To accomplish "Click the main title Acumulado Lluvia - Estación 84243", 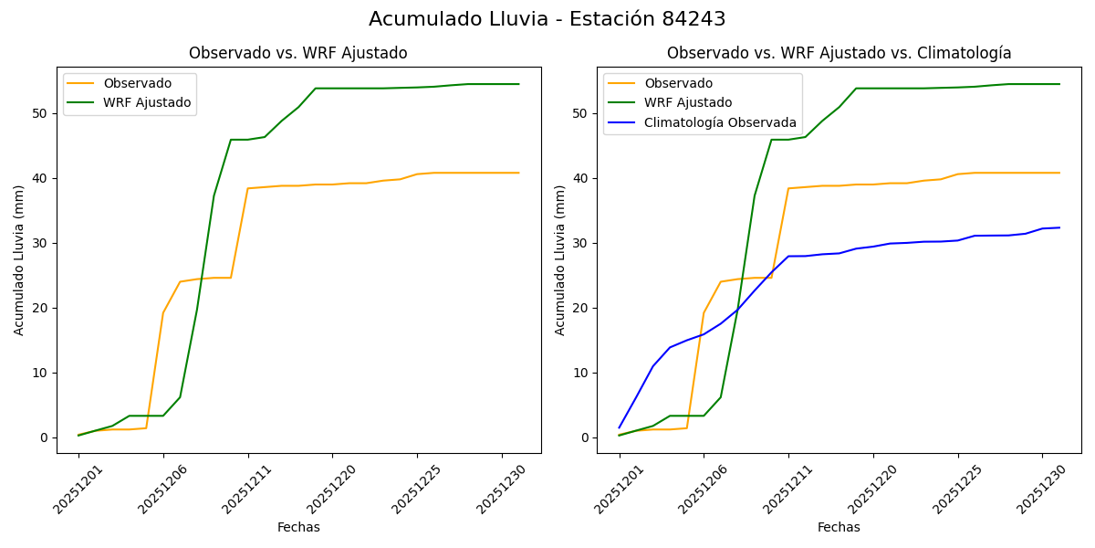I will [x=547, y=19].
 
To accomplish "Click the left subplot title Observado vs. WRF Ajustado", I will [x=297, y=53].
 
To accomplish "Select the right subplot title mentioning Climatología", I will [x=839, y=53].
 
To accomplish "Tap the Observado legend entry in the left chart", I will [x=137, y=83].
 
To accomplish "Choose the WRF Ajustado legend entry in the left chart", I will [x=147, y=103].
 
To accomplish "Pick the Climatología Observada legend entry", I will [x=720, y=122].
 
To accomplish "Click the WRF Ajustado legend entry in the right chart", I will [x=688, y=103].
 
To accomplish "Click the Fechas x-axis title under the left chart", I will [x=298, y=527].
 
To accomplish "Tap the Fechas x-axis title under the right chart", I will [x=839, y=527].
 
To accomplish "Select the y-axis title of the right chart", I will [x=560, y=259].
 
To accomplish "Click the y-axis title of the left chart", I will [x=19, y=259].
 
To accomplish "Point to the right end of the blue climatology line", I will [x=1059, y=227].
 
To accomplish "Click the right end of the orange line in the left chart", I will [x=518, y=173].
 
